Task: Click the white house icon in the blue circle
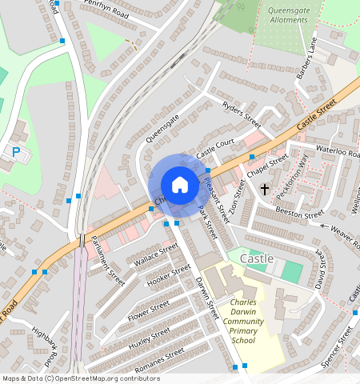[x=180, y=185]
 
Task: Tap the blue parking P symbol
[x=15, y=150]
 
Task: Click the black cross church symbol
[x=265, y=189]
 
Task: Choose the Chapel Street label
[x=266, y=167]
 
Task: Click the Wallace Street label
[x=156, y=255]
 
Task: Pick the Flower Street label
[x=149, y=310]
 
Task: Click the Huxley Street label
[x=150, y=339]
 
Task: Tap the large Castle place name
[x=257, y=259]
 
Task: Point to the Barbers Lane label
[x=307, y=58]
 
